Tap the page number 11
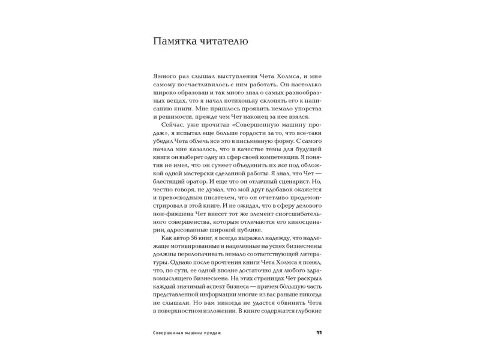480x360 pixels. [x=319, y=332]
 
